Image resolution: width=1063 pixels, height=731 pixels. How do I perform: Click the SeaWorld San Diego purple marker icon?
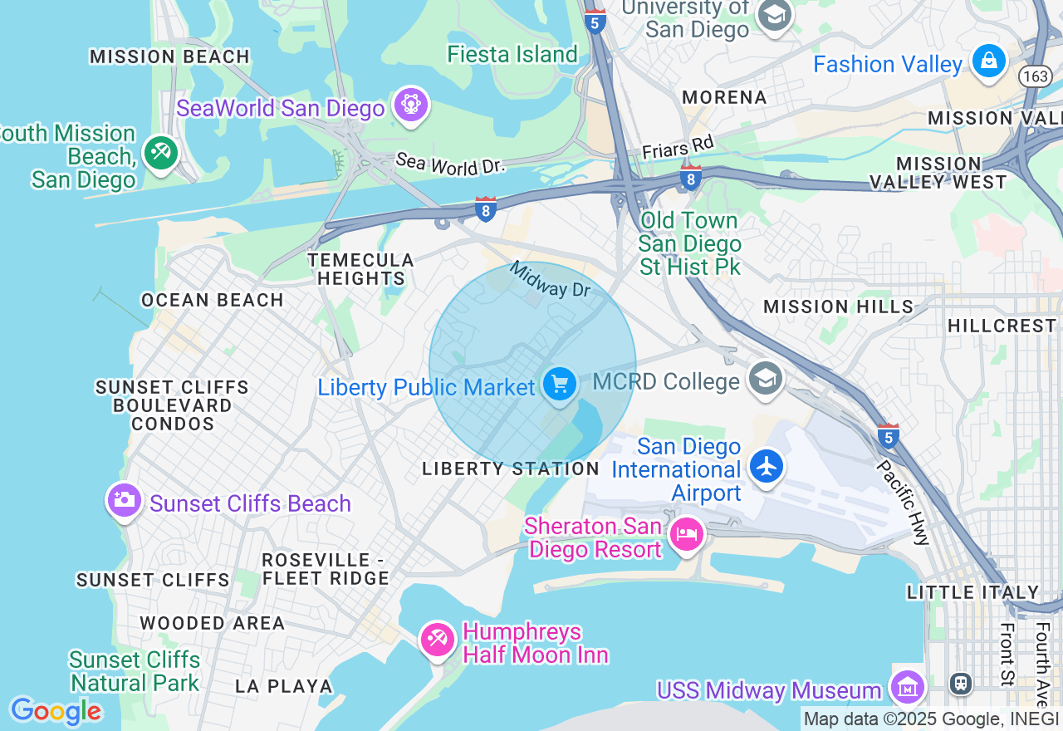(411, 105)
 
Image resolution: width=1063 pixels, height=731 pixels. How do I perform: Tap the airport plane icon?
(766, 465)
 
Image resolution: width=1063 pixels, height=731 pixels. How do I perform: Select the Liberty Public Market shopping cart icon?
(559, 385)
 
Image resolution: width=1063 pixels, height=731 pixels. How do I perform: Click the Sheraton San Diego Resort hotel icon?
(687, 533)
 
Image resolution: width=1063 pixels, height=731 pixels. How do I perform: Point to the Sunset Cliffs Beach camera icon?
(124, 499)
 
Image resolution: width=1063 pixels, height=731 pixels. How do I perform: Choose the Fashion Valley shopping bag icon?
(988, 61)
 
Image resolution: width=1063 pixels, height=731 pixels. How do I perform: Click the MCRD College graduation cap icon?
(764, 379)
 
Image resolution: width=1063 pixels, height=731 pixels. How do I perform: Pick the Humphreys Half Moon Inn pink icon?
(437, 639)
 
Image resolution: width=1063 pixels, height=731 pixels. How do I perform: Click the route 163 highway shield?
(1036, 76)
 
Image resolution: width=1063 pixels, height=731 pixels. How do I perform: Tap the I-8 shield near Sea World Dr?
(486, 209)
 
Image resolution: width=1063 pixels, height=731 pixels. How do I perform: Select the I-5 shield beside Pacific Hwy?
(888, 434)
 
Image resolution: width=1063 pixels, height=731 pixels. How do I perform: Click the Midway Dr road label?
(549, 280)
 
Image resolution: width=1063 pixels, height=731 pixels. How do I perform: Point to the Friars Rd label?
(678, 148)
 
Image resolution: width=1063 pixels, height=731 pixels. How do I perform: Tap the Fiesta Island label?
(512, 54)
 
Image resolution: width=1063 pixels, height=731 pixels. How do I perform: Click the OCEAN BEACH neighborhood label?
(213, 300)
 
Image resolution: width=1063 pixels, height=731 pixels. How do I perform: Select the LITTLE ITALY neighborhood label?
(972, 592)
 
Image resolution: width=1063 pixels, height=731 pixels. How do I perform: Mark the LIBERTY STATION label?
(510, 469)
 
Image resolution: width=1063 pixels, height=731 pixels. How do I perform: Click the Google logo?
(56, 711)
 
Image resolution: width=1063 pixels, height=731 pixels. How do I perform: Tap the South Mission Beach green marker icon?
(160, 152)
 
